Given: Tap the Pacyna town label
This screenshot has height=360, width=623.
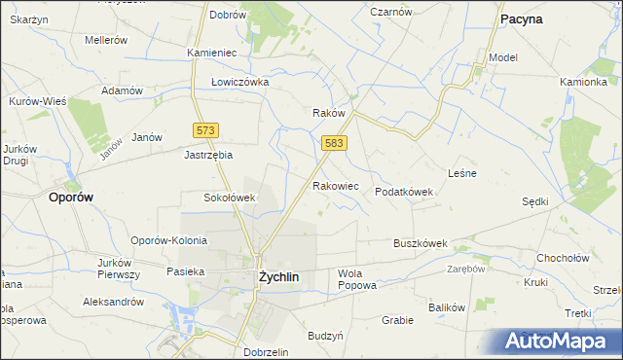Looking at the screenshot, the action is (x=521, y=18).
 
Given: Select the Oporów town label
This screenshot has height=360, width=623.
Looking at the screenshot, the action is (x=70, y=196).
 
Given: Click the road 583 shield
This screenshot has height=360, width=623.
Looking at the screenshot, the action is (x=334, y=143).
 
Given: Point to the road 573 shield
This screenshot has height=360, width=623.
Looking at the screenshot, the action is (x=205, y=129).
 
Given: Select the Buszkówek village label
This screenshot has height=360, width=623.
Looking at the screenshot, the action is (x=420, y=243).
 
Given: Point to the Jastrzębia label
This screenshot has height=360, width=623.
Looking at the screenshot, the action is (x=209, y=154).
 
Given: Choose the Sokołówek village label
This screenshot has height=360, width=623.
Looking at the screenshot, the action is (x=229, y=198).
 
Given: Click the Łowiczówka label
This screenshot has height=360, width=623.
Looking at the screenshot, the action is (x=239, y=83).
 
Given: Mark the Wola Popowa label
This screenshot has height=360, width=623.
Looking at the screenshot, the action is (x=355, y=279).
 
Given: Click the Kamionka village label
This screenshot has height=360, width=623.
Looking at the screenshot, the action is (x=583, y=82).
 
